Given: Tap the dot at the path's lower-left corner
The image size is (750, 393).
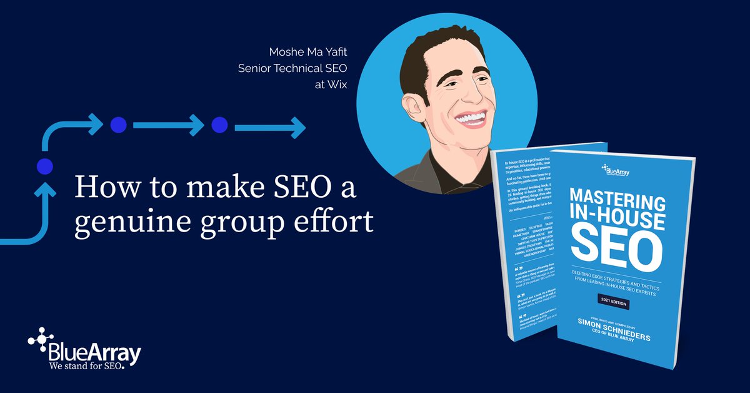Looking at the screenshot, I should coord(44,166).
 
